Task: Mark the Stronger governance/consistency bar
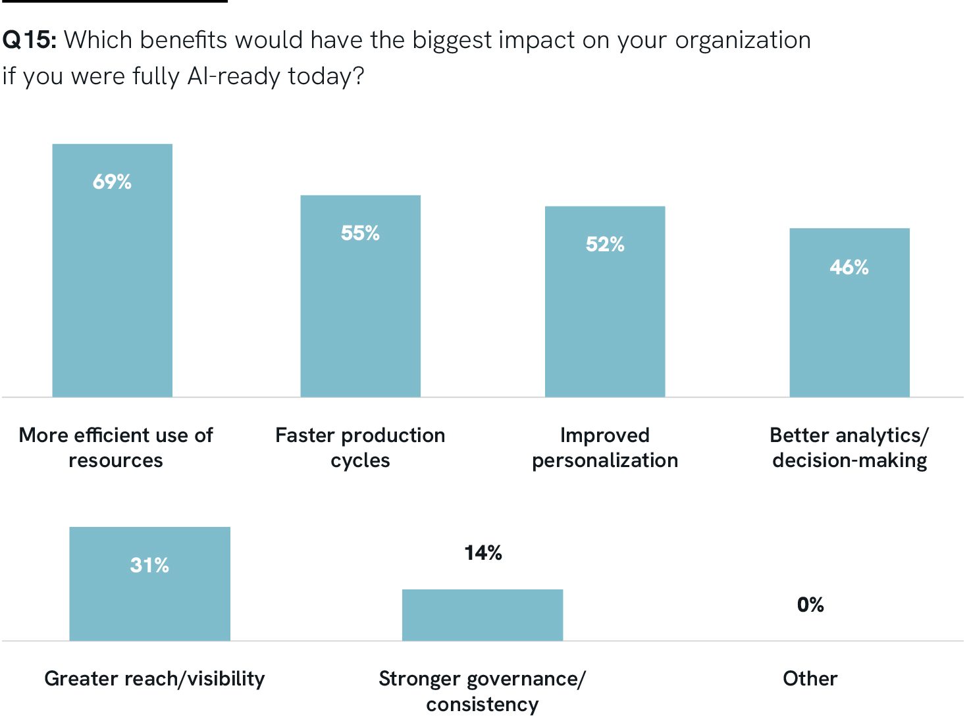(x=482, y=615)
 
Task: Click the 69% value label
(x=112, y=182)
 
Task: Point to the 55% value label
(x=360, y=233)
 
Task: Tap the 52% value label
(x=604, y=245)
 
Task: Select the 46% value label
(x=849, y=267)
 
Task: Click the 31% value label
(x=149, y=565)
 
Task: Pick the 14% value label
(x=483, y=553)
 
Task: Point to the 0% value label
(x=810, y=605)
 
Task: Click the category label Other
(x=810, y=678)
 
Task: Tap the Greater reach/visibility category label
(x=154, y=678)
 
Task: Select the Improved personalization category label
(x=604, y=447)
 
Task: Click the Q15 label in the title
(x=29, y=40)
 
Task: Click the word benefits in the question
(x=183, y=40)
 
